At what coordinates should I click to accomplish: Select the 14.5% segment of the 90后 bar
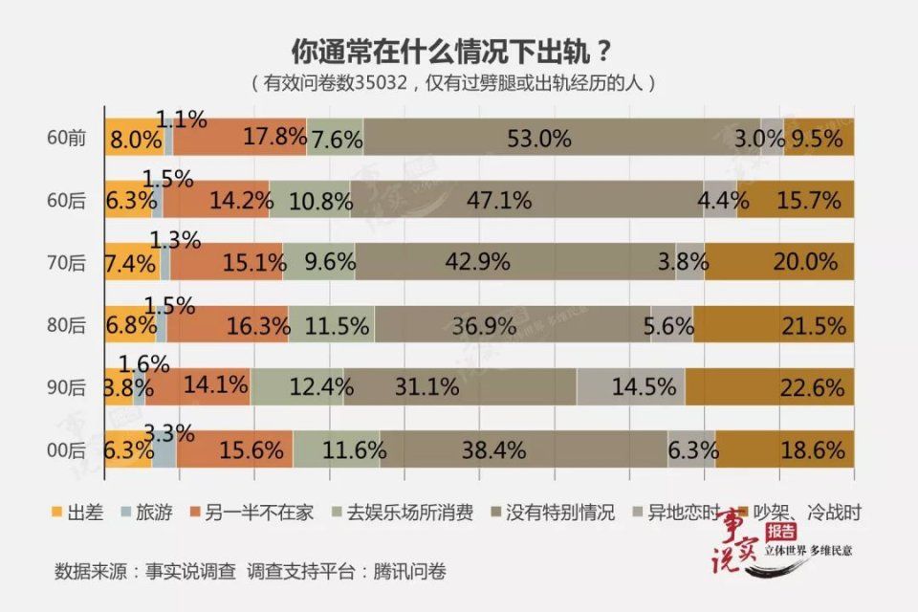[x=630, y=387]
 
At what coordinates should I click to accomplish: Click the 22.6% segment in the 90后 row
[x=769, y=387]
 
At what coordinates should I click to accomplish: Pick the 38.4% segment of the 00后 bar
[x=523, y=448]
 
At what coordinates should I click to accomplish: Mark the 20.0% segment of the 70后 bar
[x=778, y=261]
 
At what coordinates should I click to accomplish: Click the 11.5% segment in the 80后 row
[x=331, y=325]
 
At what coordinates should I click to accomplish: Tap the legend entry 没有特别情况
[x=550, y=513]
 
